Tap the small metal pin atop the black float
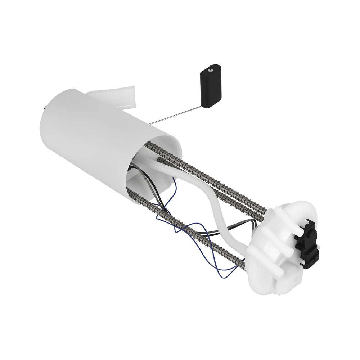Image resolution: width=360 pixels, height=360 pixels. pyautogui.click(x=213, y=67)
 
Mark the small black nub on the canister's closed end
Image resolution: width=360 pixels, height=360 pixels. pyautogui.click(x=45, y=108)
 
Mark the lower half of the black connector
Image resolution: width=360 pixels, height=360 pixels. pyautogui.click(x=310, y=261)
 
